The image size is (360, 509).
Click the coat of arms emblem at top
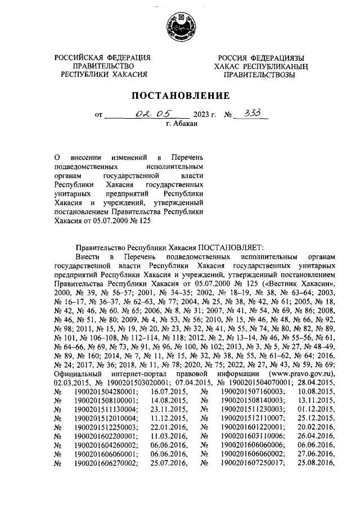179,27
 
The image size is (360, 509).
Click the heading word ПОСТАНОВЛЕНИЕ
180,96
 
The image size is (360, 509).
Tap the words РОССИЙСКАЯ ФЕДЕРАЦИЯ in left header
103,58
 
